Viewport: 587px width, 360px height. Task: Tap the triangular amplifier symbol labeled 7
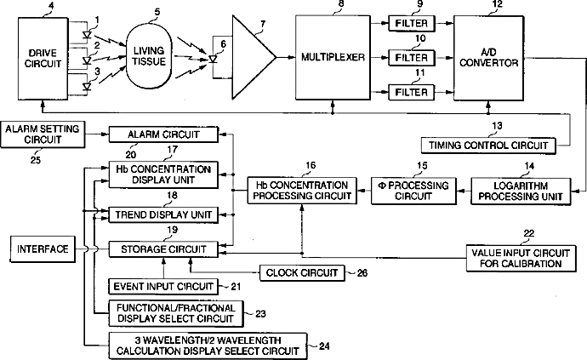(252, 57)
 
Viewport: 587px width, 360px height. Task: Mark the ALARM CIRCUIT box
(161, 134)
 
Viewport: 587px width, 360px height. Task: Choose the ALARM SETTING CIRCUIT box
(43, 133)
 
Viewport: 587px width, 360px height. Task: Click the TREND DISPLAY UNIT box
(161, 214)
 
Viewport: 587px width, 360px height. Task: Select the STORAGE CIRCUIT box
(161, 249)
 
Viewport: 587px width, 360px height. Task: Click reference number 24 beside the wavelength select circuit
(323, 345)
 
